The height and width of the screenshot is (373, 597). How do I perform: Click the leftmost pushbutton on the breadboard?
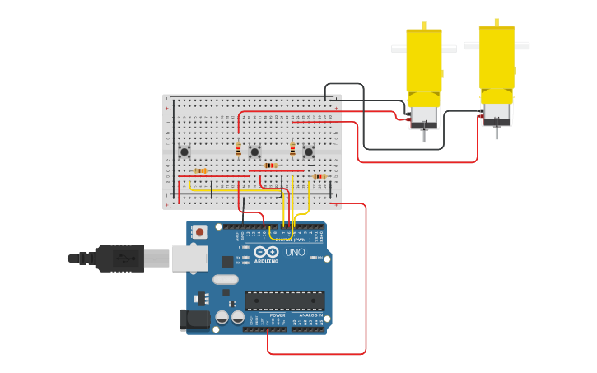184,151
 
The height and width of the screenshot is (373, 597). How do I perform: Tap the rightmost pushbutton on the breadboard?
309,152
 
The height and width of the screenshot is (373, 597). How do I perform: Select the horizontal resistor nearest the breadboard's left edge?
199,171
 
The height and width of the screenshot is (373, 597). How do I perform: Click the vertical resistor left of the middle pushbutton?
239,149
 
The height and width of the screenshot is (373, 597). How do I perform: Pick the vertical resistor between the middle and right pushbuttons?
292,149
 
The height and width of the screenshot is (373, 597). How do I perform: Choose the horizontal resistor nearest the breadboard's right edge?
319,176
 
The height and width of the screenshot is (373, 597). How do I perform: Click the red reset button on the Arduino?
200,233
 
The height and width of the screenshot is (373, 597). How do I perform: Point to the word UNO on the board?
295,252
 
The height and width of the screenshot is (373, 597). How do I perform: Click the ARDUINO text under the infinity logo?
266,261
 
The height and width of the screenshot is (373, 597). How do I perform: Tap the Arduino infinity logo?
266,251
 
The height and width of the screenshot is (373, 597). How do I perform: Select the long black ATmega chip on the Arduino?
285,301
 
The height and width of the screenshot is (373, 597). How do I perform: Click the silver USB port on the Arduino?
189,259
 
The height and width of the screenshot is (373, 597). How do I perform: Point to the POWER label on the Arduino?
278,315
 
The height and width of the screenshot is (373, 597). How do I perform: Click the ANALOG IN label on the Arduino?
310,315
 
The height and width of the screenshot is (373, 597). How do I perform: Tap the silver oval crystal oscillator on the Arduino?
226,279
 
